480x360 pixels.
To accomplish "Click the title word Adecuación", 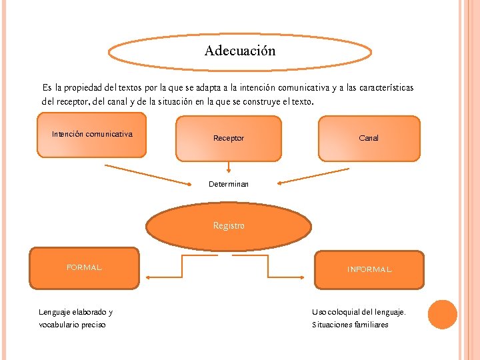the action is tap(239, 51).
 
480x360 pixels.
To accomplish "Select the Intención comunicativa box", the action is tap(92, 135).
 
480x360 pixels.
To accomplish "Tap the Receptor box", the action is tap(229, 138).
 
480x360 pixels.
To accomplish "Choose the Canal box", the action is tap(369, 138).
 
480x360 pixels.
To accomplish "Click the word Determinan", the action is tap(229, 184).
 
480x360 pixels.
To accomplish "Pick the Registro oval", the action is tap(229, 226).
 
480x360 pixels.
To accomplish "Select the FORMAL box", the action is tap(84, 268).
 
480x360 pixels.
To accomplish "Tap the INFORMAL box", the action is tap(369, 270).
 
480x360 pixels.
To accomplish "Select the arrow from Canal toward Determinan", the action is tap(313, 176).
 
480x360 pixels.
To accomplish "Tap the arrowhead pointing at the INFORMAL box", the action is tap(308, 277).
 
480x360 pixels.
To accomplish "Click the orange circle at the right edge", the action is tap(442, 315).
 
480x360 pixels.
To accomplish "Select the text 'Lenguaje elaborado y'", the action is tap(76, 311).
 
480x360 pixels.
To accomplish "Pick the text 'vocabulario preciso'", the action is tap(72, 325).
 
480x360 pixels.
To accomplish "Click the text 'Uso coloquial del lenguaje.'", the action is tap(359, 311).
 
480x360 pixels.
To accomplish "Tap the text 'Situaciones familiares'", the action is tap(350, 325).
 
